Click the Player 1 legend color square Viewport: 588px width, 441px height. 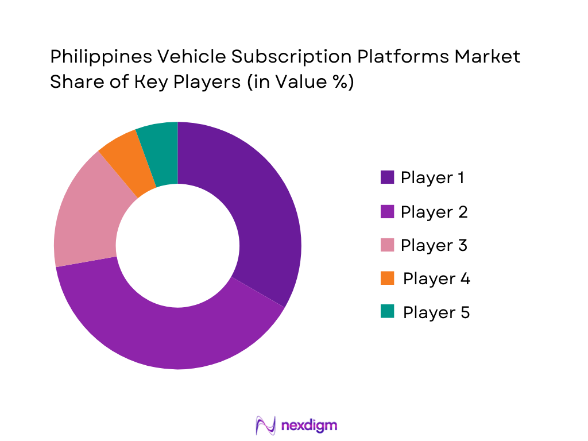tap(387, 177)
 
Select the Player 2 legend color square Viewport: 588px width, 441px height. tap(387, 211)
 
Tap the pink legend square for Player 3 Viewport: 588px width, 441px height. tap(387, 245)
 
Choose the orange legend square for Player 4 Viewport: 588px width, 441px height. tap(387, 278)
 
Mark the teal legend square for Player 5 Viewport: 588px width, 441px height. tap(387, 312)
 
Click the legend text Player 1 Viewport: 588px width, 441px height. tap(432, 177)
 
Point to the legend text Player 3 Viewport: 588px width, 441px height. tap(434, 245)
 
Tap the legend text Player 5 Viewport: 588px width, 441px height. tap(436, 312)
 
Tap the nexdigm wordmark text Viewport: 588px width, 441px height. tap(310, 425)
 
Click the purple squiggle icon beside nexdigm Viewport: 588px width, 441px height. tap(266, 425)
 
